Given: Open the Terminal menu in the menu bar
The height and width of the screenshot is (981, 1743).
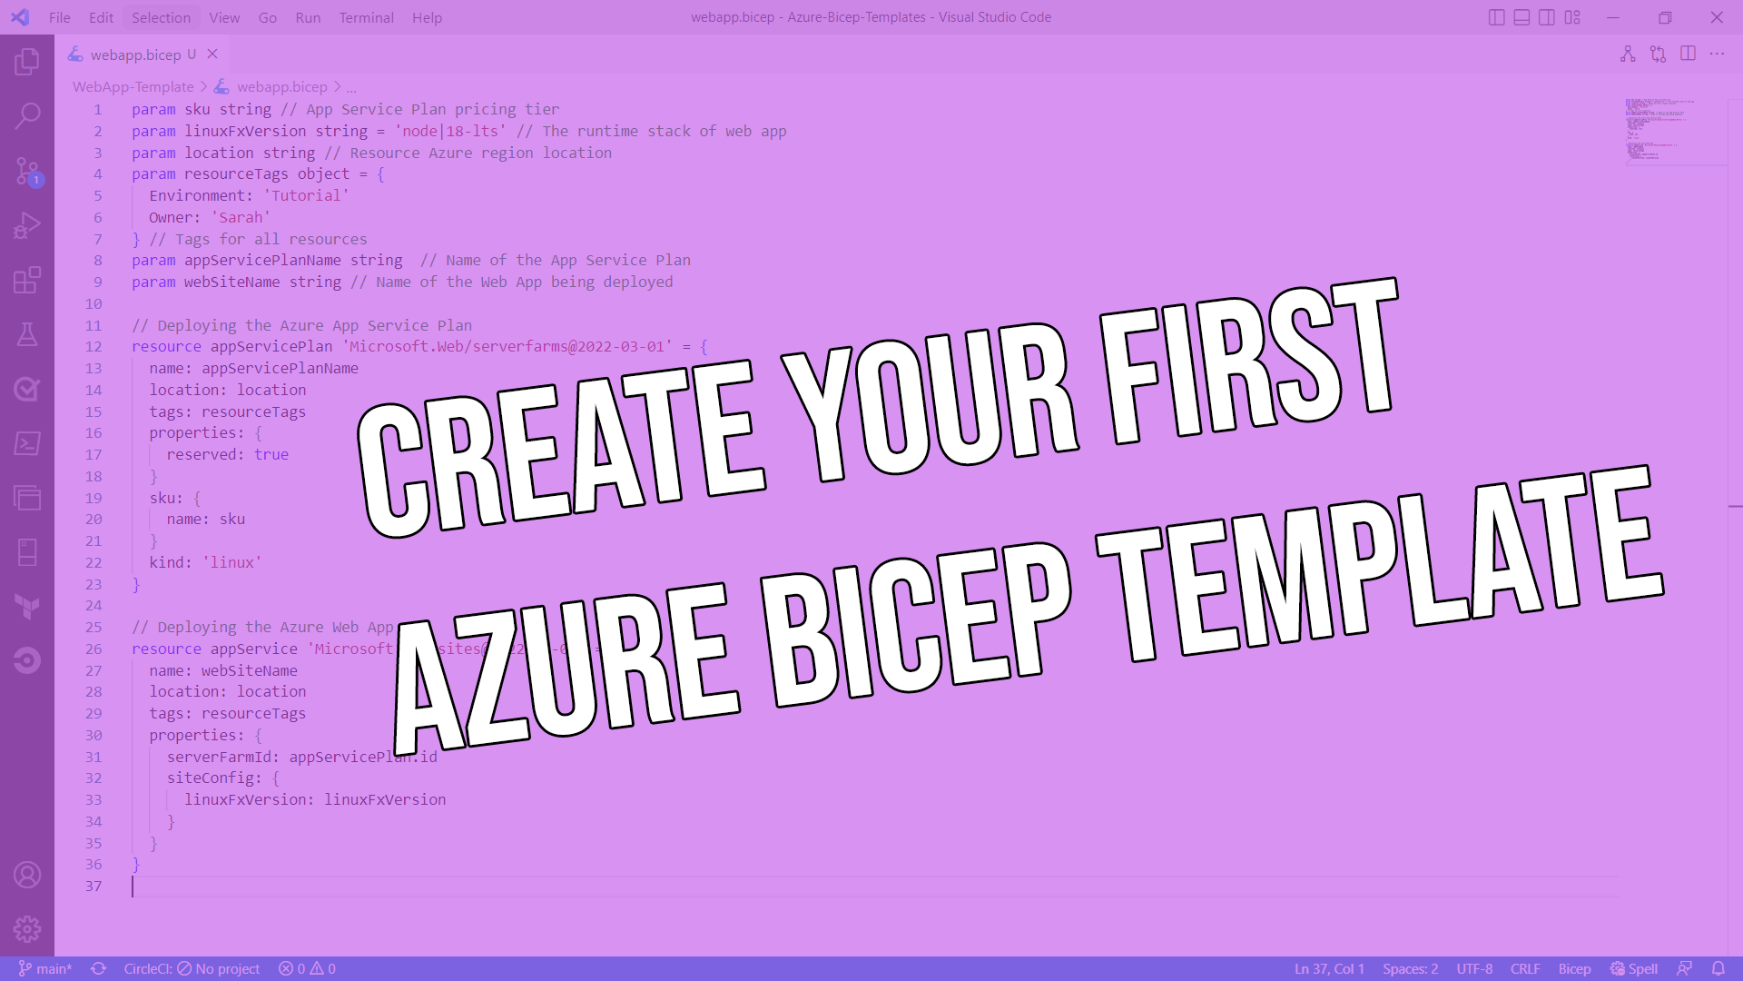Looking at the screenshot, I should click(x=366, y=17).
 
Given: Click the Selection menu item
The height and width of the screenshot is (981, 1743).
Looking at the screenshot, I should click(x=161, y=17).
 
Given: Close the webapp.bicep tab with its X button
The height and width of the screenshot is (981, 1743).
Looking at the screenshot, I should click(x=212, y=54).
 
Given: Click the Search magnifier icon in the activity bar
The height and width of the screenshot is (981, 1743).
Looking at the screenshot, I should click(x=27, y=115).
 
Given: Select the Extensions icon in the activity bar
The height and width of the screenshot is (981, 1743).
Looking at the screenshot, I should click(x=27, y=280).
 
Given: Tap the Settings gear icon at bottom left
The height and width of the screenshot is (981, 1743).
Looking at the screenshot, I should click(x=27, y=928).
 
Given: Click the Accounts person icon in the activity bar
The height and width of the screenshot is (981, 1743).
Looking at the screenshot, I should click(x=27, y=875).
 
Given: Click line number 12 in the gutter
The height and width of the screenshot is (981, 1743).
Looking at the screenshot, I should click(x=94, y=347).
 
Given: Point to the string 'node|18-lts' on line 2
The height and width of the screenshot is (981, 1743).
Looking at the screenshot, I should click(x=450, y=131).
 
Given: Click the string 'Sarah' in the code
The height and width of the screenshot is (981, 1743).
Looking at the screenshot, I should click(x=241, y=217).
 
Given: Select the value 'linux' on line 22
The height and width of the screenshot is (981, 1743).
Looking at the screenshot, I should click(x=231, y=562).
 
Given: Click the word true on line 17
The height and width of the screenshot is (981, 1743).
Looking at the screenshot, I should click(x=271, y=454).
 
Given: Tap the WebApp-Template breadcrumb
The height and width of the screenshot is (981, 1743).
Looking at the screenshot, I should click(x=133, y=86).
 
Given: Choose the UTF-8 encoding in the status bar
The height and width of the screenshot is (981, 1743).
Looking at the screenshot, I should click(x=1474, y=968).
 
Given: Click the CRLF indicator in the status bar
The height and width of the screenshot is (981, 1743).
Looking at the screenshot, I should click(x=1525, y=968).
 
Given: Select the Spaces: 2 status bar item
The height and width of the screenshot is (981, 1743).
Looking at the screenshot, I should click(x=1410, y=968).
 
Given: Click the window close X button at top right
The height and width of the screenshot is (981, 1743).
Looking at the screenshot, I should click(x=1717, y=17).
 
